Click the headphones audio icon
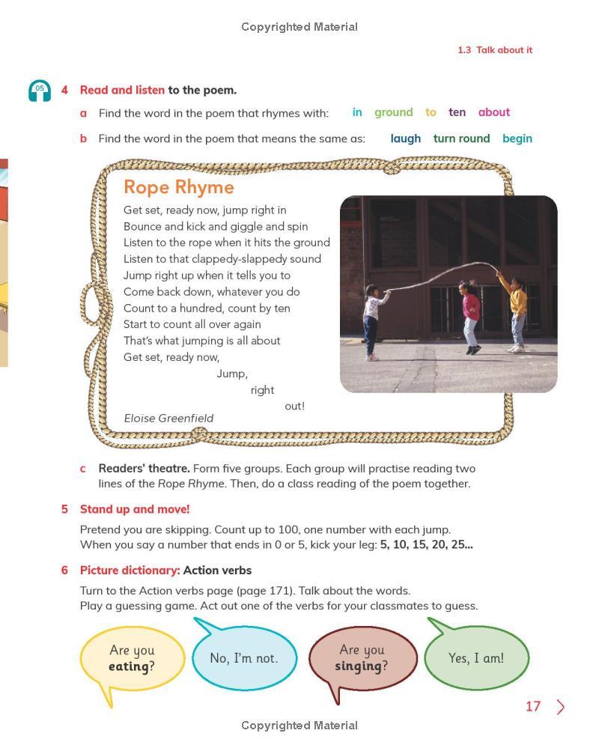click(x=40, y=91)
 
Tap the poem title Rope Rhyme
click(x=178, y=187)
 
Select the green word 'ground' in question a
click(x=393, y=112)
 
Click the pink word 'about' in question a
click(x=493, y=112)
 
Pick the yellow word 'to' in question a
click(x=431, y=112)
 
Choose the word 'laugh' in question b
click(x=405, y=139)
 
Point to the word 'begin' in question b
click(x=517, y=139)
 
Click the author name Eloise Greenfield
click(x=168, y=419)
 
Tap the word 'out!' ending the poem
click(x=294, y=406)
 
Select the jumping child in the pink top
click(x=470, y=314)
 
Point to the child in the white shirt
click(x=372, y=318)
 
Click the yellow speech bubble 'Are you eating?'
click(x=132, y=658)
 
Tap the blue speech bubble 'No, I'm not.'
click(x=244, y=658)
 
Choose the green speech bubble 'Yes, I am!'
click(x=476, y=658)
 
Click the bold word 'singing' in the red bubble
click(x=358, y=666)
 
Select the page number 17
click(x=532, y=707)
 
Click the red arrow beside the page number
click(x=561, y=707)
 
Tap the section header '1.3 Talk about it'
click(x=495, y=50)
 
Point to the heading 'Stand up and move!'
click(x=135, y=509)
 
